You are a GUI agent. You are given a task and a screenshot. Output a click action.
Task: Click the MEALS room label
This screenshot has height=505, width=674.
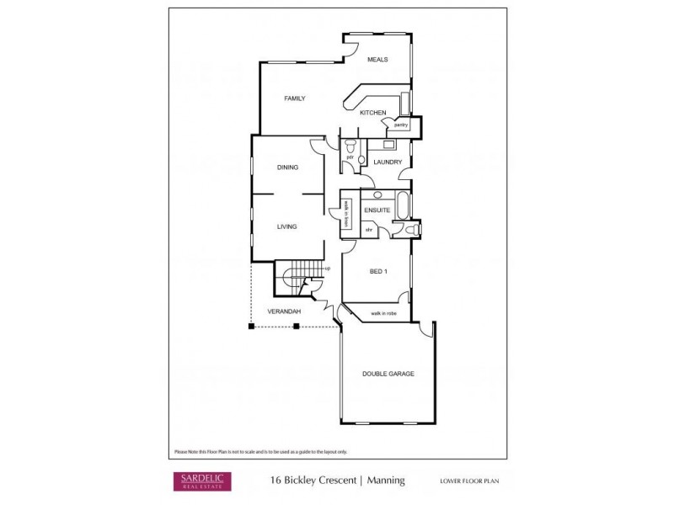tap(377, 61)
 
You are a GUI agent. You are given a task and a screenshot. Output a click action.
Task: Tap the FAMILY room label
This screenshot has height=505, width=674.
tap(294, 98)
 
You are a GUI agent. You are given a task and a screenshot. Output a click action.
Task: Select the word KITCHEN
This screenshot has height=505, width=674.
tap(373, 113)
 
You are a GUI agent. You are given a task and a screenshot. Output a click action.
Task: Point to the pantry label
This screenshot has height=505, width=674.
tap(400, 125)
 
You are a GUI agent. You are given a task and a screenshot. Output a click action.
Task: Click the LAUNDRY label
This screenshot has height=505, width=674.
tap(388, 162)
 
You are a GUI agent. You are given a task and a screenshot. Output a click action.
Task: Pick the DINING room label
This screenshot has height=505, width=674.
tap(287, 167)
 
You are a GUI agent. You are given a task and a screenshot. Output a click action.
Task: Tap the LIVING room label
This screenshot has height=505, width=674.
tap(287, 226)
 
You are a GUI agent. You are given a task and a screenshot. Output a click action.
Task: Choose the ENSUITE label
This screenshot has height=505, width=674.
tap(376, 210)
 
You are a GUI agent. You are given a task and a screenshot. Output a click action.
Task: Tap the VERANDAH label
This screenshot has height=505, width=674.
tap(284, 311)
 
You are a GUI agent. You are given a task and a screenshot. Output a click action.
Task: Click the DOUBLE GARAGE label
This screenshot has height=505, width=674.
tap(388, 373)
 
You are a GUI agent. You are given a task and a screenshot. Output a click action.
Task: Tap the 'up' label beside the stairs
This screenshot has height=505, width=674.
tap(327, 268)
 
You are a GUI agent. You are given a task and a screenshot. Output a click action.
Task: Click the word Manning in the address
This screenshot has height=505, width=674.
tap(386, 481)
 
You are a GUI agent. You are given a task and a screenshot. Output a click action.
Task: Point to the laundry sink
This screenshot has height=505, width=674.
tap(377, 144)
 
